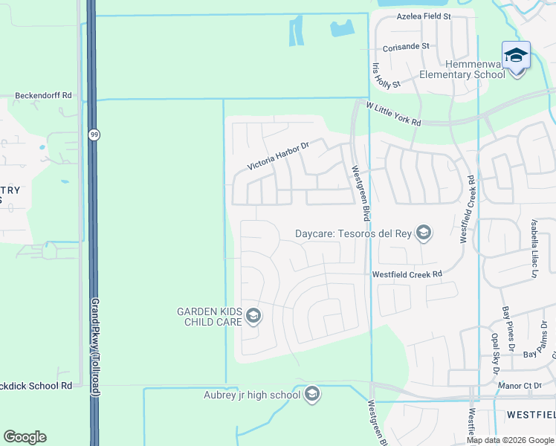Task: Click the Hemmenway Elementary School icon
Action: [516, 56]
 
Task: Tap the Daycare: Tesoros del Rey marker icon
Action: [424, 233]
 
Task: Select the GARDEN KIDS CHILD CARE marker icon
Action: [253, 317]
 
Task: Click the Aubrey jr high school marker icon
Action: [312, 394]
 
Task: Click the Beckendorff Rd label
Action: [43, 96]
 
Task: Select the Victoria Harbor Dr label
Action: [277, 155]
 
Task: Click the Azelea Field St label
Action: [424, 16]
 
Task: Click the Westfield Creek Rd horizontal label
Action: [407, 274]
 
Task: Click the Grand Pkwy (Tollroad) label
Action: [95, 349]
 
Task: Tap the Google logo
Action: [25, 437]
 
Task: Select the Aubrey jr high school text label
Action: [252, 395]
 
